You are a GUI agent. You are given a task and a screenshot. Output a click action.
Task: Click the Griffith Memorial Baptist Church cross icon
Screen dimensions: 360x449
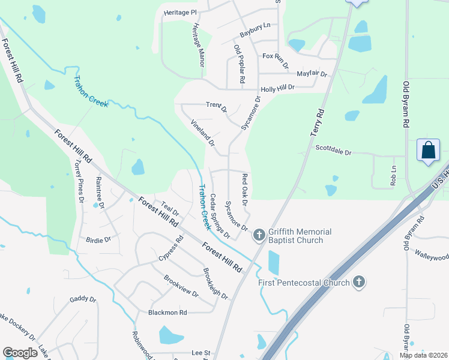259,234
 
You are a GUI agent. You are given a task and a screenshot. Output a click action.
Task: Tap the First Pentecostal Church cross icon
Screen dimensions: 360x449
359,282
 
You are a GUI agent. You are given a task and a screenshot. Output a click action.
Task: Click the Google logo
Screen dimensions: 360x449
20,353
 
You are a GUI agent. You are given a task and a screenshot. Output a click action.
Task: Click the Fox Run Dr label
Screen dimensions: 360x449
276,56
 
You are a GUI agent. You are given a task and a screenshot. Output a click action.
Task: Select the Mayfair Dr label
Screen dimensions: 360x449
312,74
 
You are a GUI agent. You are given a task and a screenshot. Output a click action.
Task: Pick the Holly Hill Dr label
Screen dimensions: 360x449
277,88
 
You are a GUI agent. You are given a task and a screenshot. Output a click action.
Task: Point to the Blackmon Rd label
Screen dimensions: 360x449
168,313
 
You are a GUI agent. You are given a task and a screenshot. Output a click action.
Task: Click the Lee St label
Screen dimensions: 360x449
200,353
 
